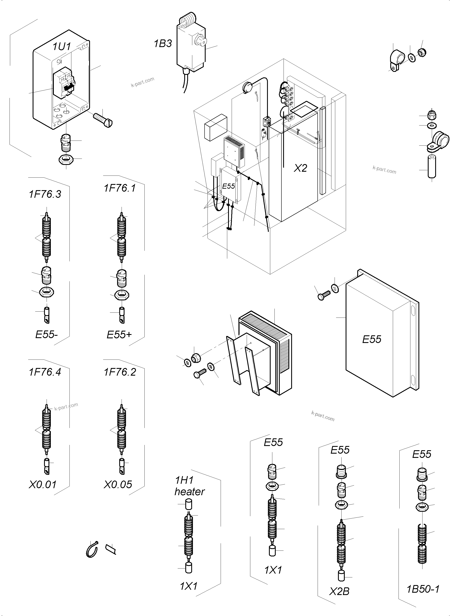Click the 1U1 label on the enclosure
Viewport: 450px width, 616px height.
coord(62,46)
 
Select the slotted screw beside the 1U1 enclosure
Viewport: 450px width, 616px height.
coord(103,120)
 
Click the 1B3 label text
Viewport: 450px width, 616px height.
coord(163,44)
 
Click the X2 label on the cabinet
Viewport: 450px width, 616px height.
coord(300,168)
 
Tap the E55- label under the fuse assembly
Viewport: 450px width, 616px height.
coord(46,334)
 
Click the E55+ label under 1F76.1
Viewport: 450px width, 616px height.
coord(119,334)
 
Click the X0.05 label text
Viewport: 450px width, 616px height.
coord(118,485)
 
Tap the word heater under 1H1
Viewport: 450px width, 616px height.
coord(190,492)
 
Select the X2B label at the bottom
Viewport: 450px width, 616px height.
coord(339,591)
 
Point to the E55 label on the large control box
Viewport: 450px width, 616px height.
coord(372,340)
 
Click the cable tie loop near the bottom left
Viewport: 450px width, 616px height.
coord(92,549)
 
